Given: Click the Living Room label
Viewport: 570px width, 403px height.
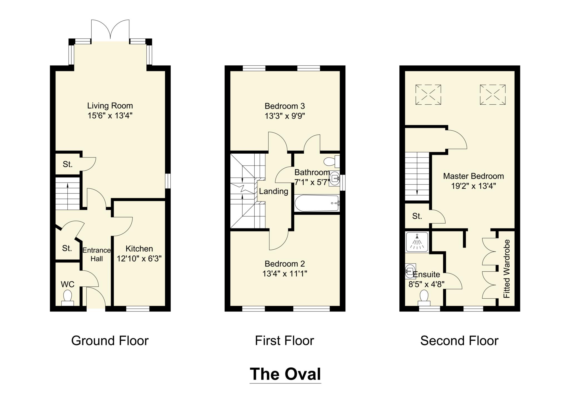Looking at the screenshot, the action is click(110, 106).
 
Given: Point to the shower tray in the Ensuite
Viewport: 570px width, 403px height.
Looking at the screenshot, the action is click(417, 242).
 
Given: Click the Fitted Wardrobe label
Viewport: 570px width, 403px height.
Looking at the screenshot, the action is click(507, 269).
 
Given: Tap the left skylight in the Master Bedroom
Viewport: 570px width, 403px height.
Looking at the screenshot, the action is click(428, 95).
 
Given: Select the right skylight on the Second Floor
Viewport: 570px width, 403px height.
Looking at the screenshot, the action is click(493, 95).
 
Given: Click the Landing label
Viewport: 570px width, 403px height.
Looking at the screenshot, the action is click(274, 191).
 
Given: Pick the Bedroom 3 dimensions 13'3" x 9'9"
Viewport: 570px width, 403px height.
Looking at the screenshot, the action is click(285, 116).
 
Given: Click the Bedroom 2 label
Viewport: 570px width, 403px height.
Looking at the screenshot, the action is click(285, 264).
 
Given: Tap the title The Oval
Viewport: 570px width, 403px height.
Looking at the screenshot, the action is click(285, 374).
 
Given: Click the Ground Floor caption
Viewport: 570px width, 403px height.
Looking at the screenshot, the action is click(110, 341).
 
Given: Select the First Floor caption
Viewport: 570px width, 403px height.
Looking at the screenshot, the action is click(284, 341).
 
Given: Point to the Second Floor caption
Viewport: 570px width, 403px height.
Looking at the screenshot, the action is click(459, 341).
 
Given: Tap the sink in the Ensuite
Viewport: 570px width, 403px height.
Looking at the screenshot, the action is click(410, 271).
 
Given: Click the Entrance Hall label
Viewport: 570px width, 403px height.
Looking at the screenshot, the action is click(97, 254).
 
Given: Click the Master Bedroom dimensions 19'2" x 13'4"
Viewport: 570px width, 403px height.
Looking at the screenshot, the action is click(473, 186).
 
